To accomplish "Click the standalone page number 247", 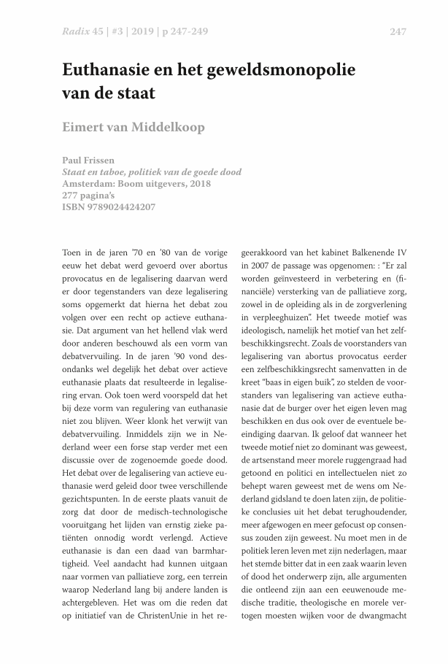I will (x=397, y=31).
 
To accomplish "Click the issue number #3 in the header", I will (x=119, y=31).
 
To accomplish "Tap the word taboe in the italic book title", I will (x=112, y=172).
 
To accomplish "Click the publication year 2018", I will (x=198, y=184).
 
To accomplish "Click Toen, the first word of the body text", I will (x=74, y=252).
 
